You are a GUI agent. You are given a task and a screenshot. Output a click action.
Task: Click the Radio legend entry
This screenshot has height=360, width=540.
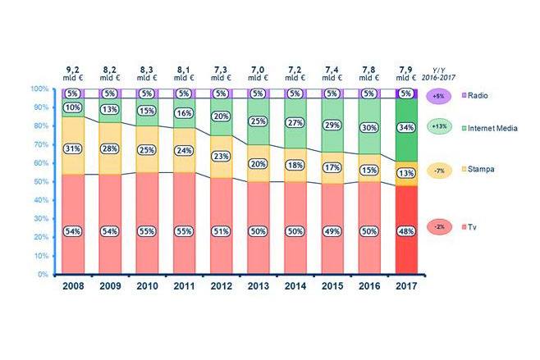[x=479, y=95]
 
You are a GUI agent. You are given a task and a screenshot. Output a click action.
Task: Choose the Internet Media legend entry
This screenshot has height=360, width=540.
[x=496, y=127]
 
